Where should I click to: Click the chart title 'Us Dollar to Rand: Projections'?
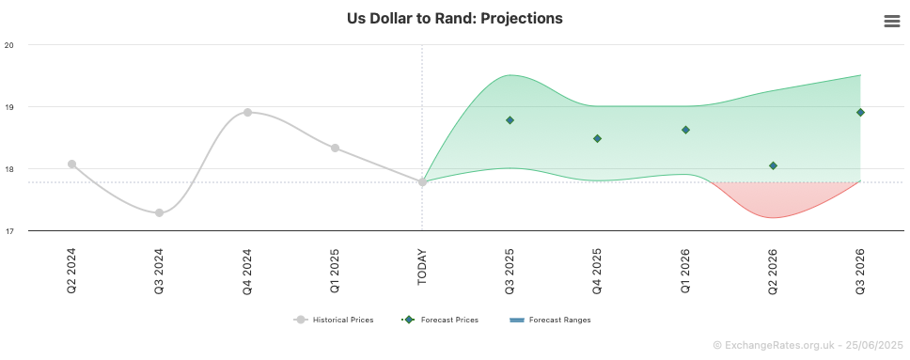(x=455, y=19)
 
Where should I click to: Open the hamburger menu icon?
(x=892, y=22)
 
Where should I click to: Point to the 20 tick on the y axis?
(x=8, y=45)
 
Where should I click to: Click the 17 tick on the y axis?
(x=8, y=231)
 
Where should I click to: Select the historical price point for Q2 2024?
(x=72, y=164)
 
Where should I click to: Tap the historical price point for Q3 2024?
(x=159, y=213)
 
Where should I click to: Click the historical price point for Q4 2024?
(x=247, y=112)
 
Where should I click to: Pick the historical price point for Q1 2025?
(x=335, y=149)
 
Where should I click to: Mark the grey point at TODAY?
(x=422, y=182)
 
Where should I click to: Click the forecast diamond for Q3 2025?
(x=510, y=120)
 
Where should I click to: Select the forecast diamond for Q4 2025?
(x=597, y=138)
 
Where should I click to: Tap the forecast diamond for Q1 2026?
(x=685, y=130)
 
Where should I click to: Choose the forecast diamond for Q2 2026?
(x=773, y=166)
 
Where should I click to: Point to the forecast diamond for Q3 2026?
(x=861, y=112)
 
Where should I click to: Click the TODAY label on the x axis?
(x=422, y=267)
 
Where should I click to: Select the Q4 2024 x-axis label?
(x=247, y=271)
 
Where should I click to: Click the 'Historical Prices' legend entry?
(x=334, y=320)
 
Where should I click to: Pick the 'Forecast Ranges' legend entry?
(x=550, y=320)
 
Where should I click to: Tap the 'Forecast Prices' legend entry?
(x=440, y=320)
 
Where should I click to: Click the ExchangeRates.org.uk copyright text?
(x=808, y=345)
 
